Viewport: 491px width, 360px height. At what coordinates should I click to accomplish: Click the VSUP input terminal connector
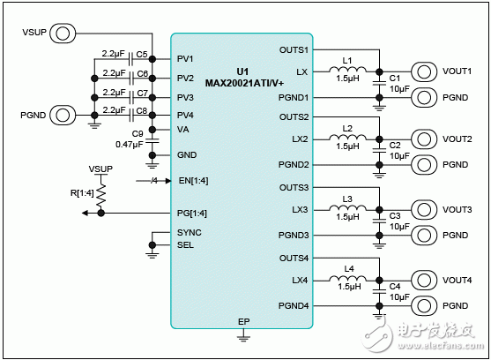pos(62,34)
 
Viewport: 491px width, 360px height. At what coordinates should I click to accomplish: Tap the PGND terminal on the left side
pos(62,115)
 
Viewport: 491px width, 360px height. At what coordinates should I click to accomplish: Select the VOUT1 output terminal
pos(425,71)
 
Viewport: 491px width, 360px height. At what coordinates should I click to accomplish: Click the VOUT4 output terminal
pos(425,280)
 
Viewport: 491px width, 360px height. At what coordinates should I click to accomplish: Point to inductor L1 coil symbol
pos(347,70)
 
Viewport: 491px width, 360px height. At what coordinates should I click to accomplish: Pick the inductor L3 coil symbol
pos(347,210)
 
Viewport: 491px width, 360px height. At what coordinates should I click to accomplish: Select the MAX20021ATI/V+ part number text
pos(242,83)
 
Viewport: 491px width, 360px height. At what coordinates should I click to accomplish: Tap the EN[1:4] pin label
pos(191,181)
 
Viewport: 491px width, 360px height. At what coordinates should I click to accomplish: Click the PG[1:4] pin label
pos(191,213)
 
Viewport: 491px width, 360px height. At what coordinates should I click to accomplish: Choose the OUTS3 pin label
pos(294,188)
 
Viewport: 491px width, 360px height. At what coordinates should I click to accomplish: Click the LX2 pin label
pos(300,139)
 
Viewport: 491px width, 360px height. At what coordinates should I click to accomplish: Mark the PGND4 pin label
pos(294,305)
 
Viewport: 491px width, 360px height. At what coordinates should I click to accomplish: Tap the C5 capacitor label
pos(142,54)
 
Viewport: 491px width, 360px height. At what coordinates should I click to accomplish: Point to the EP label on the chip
pos(242,321)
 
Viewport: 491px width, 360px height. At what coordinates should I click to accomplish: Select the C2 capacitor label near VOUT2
pos(394,146)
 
